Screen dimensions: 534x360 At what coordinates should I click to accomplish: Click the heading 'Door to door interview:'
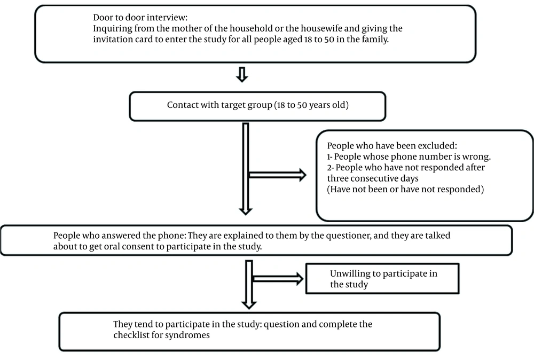click(x=140, y=18)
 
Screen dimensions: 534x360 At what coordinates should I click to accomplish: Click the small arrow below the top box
click(x=242, y=75)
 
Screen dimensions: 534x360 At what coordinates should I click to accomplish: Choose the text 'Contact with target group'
click(x=219, y=105)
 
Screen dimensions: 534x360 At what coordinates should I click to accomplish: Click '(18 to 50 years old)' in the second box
click(x=311, y=105)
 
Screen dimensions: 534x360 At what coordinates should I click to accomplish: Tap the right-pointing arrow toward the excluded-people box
click(x=277, y=175)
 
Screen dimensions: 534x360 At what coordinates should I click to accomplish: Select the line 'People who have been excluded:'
click(x=392, y=146)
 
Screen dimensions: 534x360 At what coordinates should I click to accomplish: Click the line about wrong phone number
click(x=409, y=156)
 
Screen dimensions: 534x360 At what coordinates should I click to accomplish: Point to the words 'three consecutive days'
click(x=373, y=178)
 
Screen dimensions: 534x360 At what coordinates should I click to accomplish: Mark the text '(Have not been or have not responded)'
click(x=405, y=190)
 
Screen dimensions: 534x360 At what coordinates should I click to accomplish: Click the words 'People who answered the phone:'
click(x=119, y=236)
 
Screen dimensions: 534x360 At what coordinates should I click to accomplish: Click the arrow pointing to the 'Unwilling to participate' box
click(x=278, y=279)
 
